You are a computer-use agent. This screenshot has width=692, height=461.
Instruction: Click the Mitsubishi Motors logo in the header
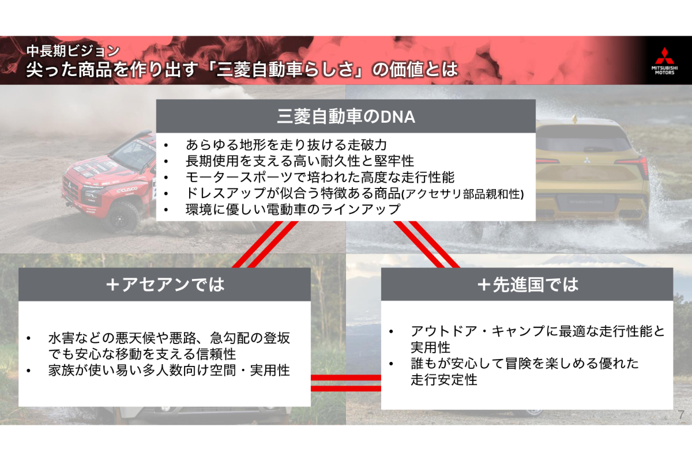click(664, 61)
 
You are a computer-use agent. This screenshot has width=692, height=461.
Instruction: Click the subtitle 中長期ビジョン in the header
click(73, 51)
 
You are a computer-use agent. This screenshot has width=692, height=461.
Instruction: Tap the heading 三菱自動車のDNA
click(345, 117)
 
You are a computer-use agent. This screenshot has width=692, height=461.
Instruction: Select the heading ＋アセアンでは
click(165, 285)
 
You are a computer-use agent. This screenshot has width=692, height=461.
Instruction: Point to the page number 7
click(681, 415)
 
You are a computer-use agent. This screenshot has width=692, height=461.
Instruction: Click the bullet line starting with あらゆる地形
click(286, 145)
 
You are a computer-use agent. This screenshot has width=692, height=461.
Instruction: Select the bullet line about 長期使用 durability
click(300, 161)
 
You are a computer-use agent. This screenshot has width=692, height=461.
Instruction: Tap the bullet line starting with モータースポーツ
click(319, 177)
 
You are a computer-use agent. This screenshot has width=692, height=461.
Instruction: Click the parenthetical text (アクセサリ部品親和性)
click(462, 194)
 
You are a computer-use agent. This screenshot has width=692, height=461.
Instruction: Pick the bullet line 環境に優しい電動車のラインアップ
click(293, 209)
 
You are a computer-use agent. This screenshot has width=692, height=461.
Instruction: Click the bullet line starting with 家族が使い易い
click(169, 370)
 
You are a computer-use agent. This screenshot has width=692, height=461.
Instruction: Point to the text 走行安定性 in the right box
click(444, 380)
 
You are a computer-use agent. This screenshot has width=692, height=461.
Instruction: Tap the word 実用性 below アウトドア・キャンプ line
click(430, 347)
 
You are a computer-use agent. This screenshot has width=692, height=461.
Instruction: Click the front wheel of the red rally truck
click(121, 217)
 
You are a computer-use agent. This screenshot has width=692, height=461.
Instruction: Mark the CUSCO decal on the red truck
click(127, 189)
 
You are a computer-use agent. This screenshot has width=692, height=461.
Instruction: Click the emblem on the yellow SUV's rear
click(586, 160)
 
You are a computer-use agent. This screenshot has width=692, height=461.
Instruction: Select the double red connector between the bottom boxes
click(345, 383)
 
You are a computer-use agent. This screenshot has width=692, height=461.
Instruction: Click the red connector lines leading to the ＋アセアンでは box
click(265, 244)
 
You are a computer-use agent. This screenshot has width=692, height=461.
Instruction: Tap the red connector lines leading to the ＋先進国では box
click(427, 244)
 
